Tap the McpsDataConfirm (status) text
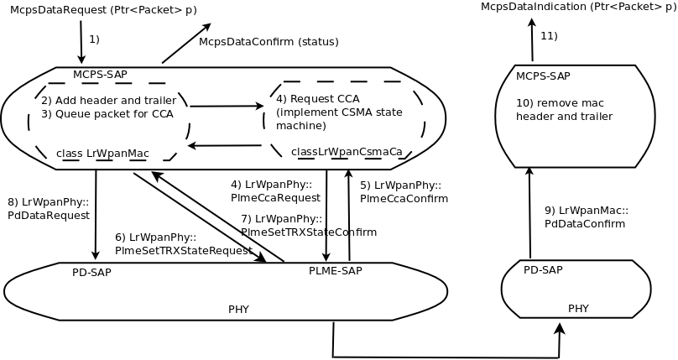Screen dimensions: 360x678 269,42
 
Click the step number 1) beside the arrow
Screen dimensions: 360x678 94,39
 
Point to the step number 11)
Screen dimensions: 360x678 549,35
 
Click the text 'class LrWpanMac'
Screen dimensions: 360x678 102,154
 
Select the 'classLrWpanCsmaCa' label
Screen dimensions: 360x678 347,152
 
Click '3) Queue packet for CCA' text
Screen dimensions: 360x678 107,113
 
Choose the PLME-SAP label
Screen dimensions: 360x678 336,271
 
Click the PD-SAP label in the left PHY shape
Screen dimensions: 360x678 91,272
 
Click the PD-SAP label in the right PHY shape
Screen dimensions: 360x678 543,269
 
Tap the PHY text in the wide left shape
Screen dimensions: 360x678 238,309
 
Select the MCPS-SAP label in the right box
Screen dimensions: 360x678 543,76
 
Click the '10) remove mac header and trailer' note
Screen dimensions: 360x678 564,110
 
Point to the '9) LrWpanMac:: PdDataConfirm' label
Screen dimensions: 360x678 586,217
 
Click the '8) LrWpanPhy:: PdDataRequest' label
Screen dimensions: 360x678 49,208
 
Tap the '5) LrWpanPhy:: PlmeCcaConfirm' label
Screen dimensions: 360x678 404,192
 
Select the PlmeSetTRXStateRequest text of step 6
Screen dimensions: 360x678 184,250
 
